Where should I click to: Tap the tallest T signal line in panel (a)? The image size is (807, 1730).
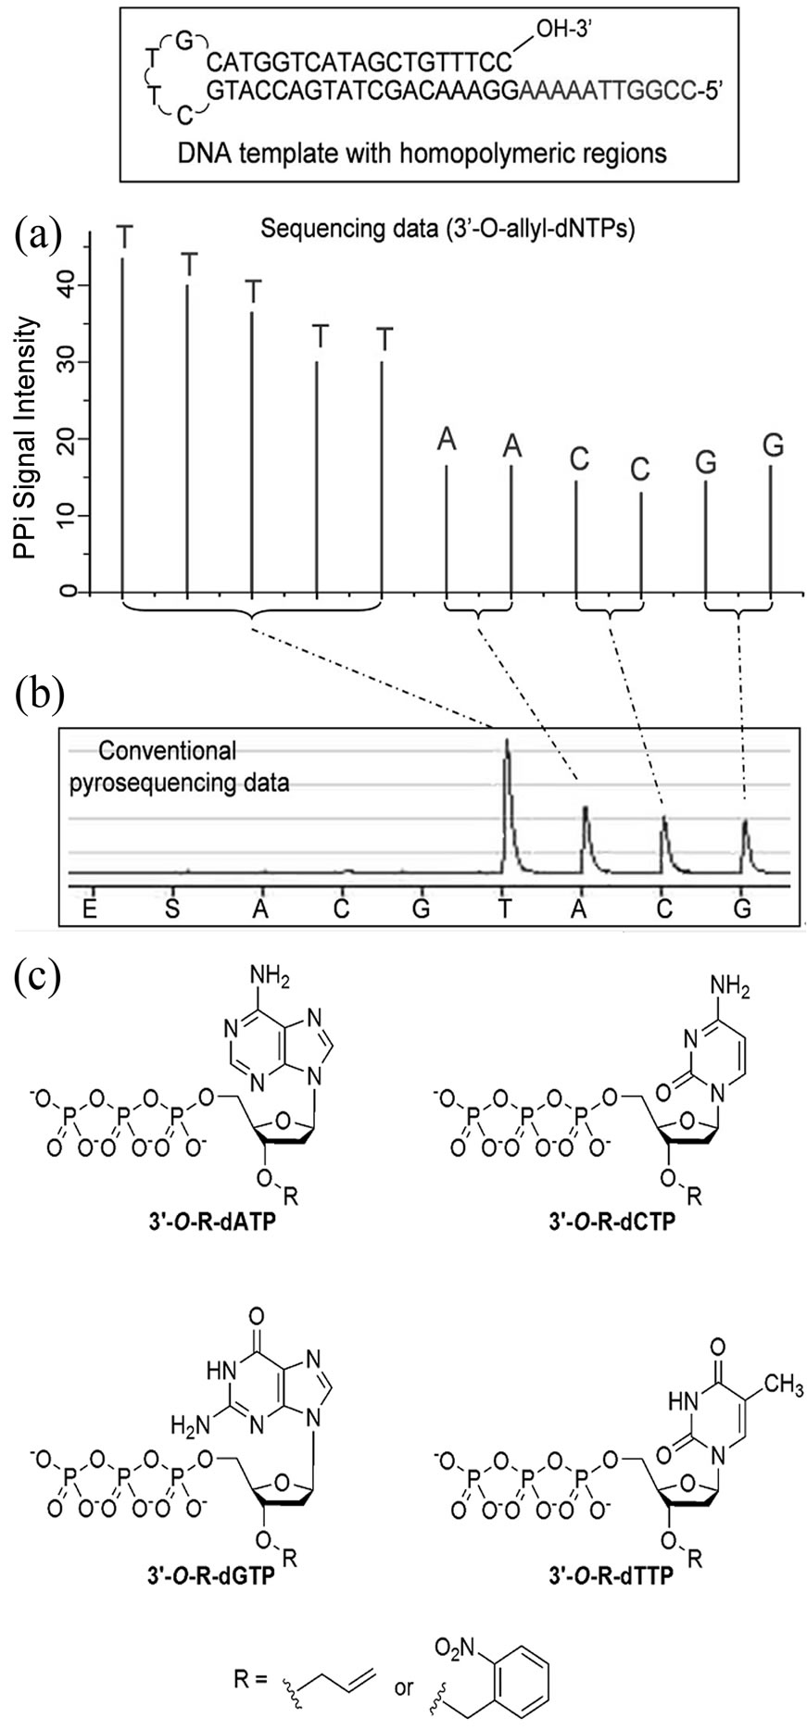(x=124, y=417)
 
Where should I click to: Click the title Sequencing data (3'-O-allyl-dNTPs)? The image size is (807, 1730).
(x=448, y=229)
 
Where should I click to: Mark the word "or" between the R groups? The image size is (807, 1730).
(x=404, y=1687)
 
